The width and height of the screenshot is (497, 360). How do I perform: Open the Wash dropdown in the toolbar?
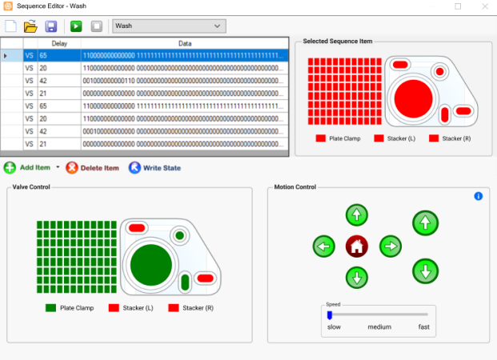(x=168, y=26)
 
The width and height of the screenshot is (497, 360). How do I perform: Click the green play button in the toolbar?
(x=76, y=26)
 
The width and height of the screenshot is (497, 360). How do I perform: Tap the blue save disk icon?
(x=51, y=26)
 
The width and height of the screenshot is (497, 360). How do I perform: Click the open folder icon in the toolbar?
(x=31, y=26)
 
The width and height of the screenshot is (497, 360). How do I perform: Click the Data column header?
(x=184, y=43)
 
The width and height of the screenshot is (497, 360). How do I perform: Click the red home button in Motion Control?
(x=356, y=246)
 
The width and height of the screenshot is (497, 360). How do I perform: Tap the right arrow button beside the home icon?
(x=390, y=246)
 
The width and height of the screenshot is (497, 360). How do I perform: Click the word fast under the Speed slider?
(x=423, y=327)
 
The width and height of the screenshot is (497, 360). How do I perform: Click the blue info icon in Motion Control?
(x=479, y=196)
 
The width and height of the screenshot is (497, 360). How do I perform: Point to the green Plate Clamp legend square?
(x=51, y=308)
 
